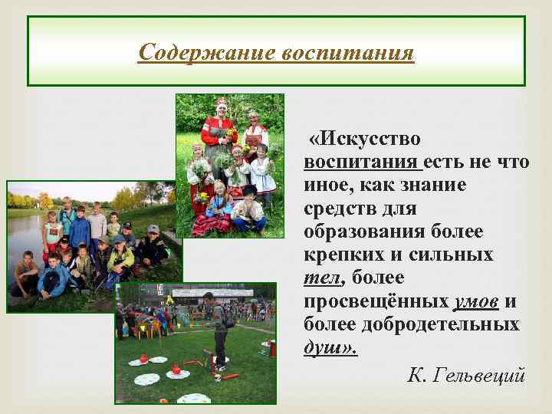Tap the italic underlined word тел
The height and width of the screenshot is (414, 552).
pos(320,278)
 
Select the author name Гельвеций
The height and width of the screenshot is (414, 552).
pos(479,375)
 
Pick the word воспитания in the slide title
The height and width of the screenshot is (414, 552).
pos(348,54)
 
